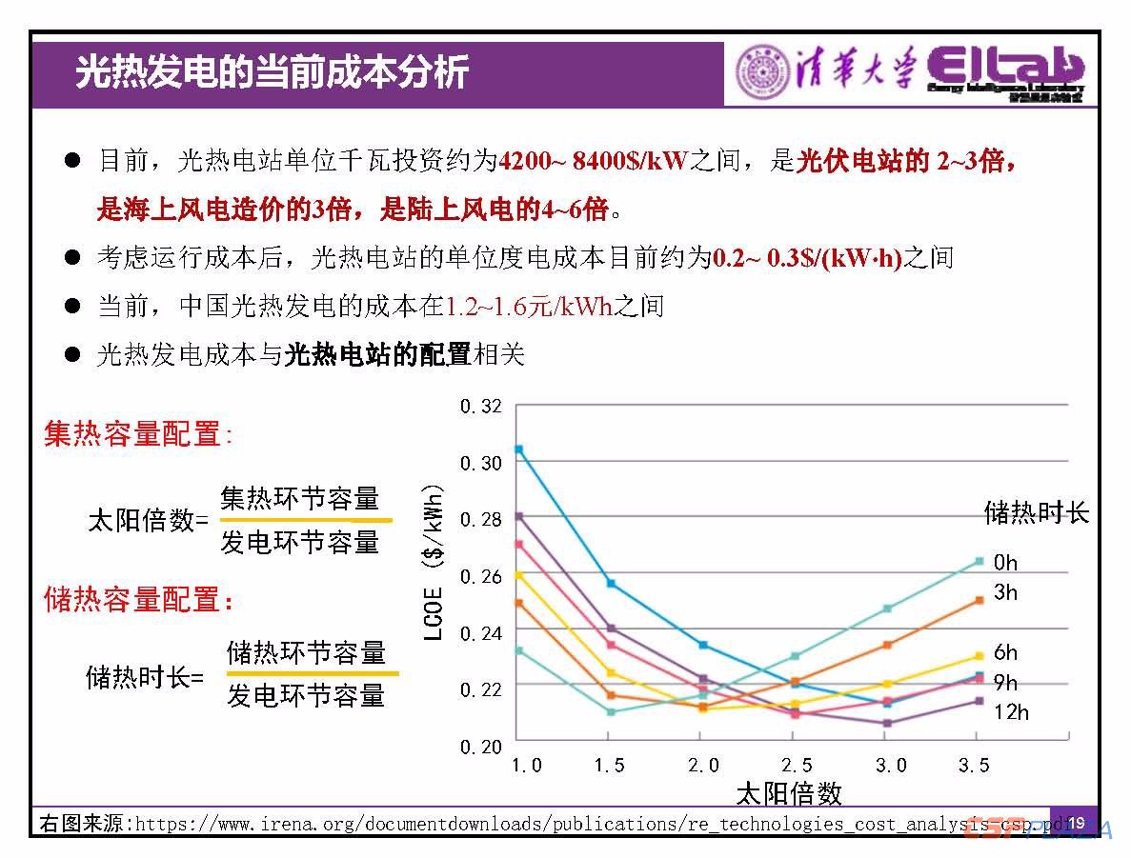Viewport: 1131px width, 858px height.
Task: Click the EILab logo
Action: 1005,71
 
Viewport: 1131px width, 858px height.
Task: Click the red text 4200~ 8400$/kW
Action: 593,161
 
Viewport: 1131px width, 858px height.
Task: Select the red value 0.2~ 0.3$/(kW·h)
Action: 806,257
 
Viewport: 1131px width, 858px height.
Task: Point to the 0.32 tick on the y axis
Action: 480,407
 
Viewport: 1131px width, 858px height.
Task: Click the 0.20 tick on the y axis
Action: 480,747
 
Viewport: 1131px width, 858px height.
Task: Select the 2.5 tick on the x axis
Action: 796,766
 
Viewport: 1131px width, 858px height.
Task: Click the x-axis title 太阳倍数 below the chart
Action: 789,793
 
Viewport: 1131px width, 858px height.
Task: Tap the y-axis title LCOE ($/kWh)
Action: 434,562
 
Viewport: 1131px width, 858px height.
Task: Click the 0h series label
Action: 1005,563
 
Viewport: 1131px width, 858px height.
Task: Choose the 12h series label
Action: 1010,712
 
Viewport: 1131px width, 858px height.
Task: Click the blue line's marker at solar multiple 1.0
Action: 518,449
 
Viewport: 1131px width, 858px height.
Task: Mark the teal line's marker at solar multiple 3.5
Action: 979,561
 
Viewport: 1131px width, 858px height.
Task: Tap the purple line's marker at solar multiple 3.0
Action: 887,723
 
